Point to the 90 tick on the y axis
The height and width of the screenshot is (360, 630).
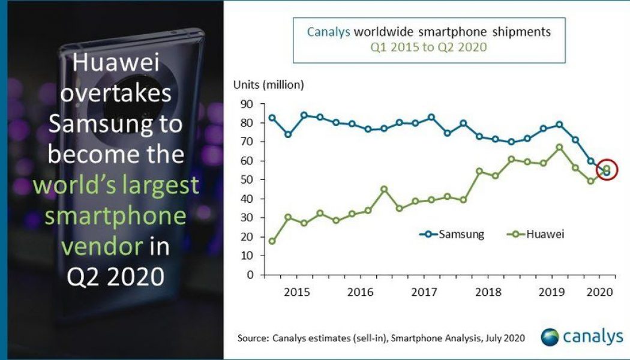click(x=247, y=104)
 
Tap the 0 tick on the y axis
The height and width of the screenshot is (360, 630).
click(x=250, y=275)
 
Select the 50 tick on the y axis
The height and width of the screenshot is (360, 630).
click(x=247, y=180)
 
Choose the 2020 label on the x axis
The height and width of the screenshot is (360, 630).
click(x=599, y=292)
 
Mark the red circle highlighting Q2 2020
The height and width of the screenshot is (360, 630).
click(x=607, y=170)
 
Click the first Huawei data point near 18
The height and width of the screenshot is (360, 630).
click(x=272, y=241)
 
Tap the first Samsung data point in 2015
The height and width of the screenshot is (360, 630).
click(x=272, y=118)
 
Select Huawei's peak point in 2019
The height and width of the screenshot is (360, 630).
click(x=559, y=147)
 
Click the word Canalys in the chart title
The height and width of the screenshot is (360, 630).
click(x=327, y=32)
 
